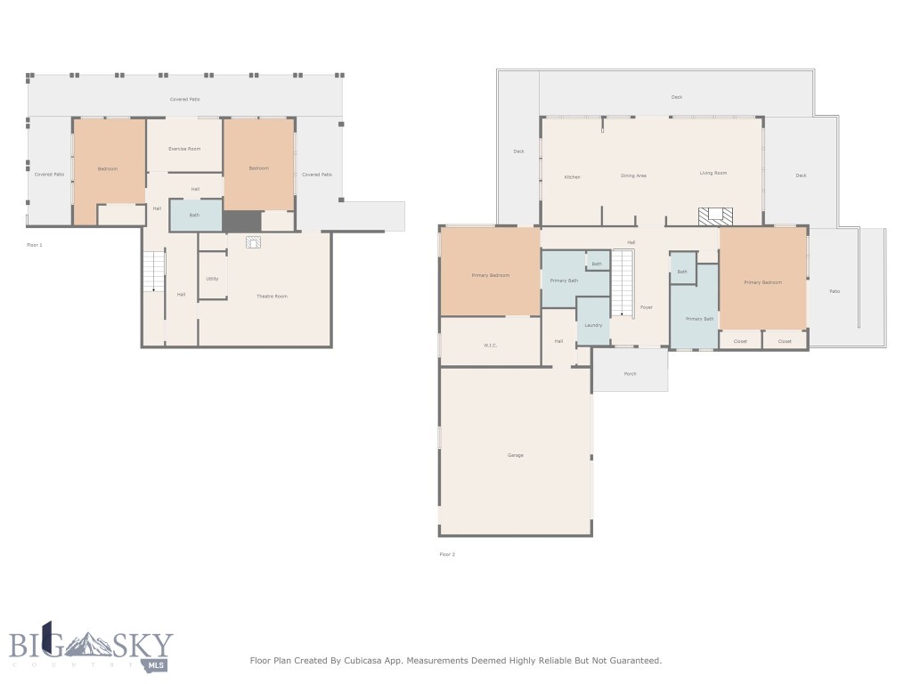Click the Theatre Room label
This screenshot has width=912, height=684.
tap(272, 296)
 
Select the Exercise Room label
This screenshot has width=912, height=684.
tap(184, 149)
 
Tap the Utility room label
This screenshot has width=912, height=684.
tap(212, 279)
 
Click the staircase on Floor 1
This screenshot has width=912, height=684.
tap(154, 271)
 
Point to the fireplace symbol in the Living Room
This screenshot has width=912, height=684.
tap(715, 216)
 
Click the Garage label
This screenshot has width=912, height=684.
tap(516, 455)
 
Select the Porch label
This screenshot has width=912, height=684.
tap(630, 373)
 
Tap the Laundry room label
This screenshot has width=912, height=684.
tap(593, 325)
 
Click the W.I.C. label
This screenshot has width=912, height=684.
tap(490, 345)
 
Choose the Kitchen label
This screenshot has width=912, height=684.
tap(572, 176)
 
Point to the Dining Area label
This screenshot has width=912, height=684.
tap(633, 175)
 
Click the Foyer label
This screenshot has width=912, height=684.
tap(646, 307)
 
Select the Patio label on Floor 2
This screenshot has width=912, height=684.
tap(835, 291)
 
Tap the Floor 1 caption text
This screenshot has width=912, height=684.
tap(35, 243)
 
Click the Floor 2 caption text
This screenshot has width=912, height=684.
tap(447, 554)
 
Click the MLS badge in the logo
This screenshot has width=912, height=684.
tap(155, 664)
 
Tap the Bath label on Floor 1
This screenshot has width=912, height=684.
tap(194, 215)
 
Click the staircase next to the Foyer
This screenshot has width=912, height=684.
tap(622, 283)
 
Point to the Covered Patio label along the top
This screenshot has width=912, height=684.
tap(184, 99)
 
